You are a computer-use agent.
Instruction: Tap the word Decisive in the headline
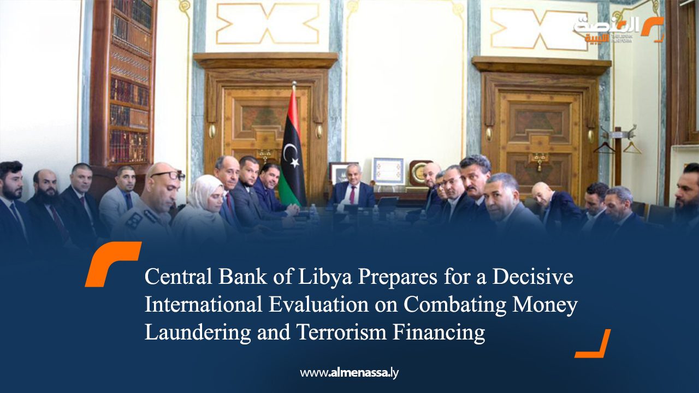[532, 277]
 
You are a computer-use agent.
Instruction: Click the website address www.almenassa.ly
[349, 373]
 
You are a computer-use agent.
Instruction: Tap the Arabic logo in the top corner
[619, 29]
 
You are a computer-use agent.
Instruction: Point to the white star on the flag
[294, 162]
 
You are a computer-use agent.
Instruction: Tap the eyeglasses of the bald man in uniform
[168, 176]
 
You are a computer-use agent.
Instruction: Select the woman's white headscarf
[203, 194]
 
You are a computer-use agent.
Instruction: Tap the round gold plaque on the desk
[420, 174]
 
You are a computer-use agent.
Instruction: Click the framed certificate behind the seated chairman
[388, 171]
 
